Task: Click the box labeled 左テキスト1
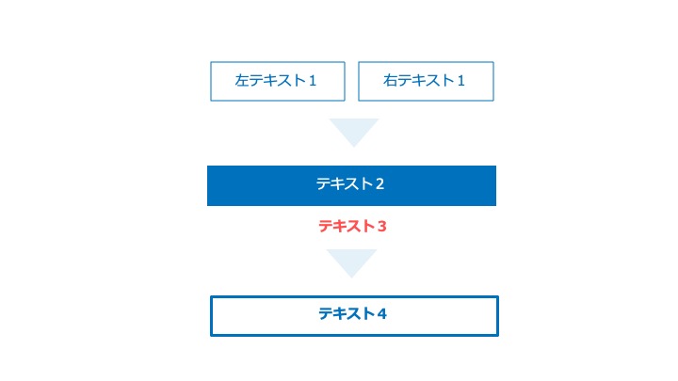pos(278,81)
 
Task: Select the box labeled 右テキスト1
pos(426,81)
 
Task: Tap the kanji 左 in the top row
pos(242,80)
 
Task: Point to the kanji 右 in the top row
pos(390,80)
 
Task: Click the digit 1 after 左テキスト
pos(313,81)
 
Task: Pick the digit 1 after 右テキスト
pos(460,81)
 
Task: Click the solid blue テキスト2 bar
pos(351,185)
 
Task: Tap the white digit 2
pos(379,184)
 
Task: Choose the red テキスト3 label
pos(352,227)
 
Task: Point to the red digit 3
pos(381,227)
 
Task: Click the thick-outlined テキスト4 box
pos(355,316)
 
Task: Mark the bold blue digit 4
pos(381,313)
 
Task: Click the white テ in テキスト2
pos(323,184)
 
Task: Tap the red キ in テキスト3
pos(340,227)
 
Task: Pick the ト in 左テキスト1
pos(299,80)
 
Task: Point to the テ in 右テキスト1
pos(404,80)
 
